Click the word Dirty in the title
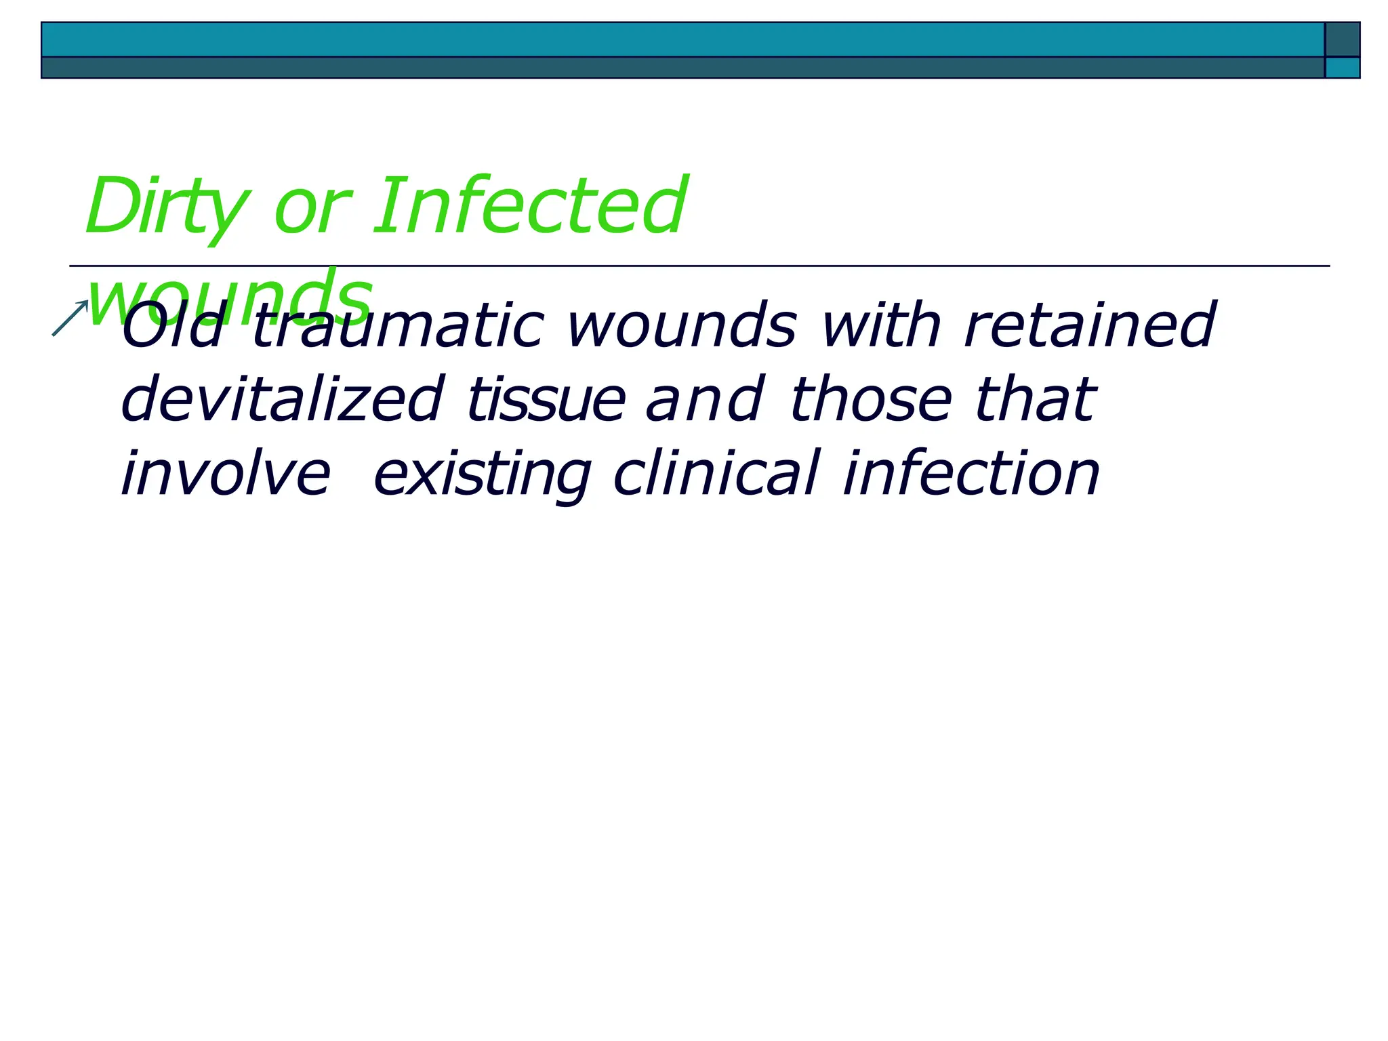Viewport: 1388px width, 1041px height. (x=166, y=207)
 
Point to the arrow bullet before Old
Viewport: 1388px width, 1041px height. (x=70, y=318)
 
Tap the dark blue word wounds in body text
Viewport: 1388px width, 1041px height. (x=681, y=327)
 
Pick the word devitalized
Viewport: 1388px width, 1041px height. (x=282, y=400)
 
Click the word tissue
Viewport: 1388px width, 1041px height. (x=546, y=400)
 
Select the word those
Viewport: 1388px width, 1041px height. (x=872, y=400)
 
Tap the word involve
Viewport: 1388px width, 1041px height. (x=226, y=474)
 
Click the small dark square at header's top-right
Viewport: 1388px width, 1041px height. (x=1342, y=39)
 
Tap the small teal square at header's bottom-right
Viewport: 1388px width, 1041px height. (x=1342, y=68)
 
